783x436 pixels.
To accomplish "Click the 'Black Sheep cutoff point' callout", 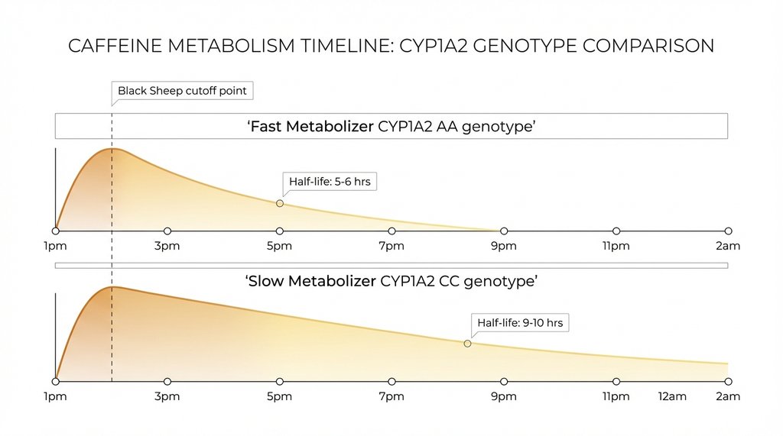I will (182, 91).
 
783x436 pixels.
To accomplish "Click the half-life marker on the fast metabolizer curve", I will (280, 203).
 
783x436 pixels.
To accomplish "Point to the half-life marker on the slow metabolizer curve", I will (468, 344).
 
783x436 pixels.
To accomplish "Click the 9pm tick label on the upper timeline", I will (503, 246).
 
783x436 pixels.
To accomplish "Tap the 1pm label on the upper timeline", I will (55, 246).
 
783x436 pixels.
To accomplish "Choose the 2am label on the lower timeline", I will (727, 396).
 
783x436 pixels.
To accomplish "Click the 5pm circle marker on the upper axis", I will (280, 231).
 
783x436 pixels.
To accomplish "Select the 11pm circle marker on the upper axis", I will (616, 231).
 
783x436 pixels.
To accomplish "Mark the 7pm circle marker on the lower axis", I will (391, 381).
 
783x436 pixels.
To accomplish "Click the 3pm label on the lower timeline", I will (167, 396).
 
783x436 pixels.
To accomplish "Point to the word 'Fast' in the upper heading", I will (268, 127).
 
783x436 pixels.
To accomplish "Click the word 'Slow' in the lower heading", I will (267, 282).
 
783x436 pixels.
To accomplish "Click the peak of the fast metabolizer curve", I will (112, 148).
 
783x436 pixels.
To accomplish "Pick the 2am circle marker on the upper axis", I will (728, 231).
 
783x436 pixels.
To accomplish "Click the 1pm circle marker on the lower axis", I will (56, 381).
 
